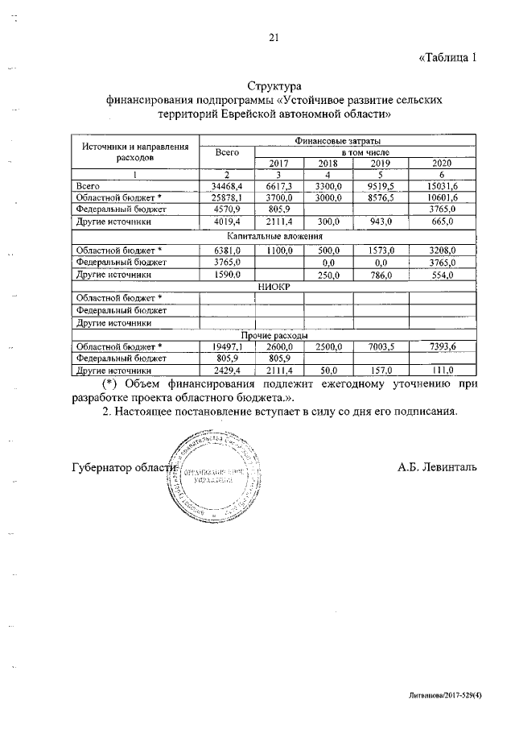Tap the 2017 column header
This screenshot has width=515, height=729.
[278, 164]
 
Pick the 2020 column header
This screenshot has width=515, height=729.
[442, 164]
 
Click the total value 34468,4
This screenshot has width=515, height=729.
[226, 186]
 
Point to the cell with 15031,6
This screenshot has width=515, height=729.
[442, 186]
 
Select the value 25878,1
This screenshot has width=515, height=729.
[226, 197]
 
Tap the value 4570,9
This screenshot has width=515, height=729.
[226, 209]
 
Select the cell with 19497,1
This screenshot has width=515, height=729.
[226, 347]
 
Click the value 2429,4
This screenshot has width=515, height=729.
[226, 371]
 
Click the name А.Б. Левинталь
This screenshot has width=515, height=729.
[437, 467]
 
